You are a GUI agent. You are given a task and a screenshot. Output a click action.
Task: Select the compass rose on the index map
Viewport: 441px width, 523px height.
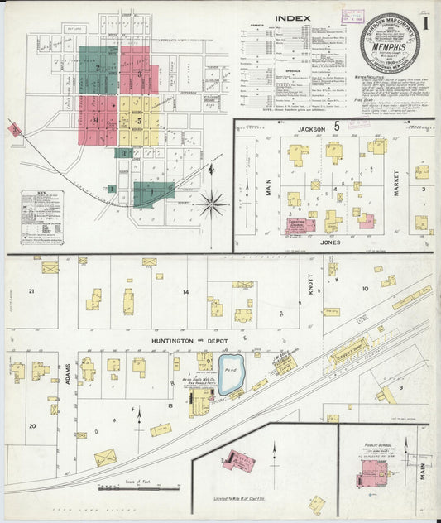[213, 200]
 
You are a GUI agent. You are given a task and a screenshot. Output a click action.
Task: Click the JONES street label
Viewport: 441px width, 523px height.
[328, 243]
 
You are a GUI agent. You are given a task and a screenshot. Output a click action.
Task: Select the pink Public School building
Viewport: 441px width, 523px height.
[373, 474]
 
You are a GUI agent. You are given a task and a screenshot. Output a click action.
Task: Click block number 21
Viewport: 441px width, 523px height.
[31, 291]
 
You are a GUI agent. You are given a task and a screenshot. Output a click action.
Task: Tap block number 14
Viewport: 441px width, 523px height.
[187, 292]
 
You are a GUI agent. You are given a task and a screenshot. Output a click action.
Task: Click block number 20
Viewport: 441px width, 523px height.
[33, 426]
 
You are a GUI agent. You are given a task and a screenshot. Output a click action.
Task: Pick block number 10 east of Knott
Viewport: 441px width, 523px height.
[364, 289]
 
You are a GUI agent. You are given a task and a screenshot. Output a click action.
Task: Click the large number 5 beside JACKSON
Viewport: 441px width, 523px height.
[337, 127]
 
